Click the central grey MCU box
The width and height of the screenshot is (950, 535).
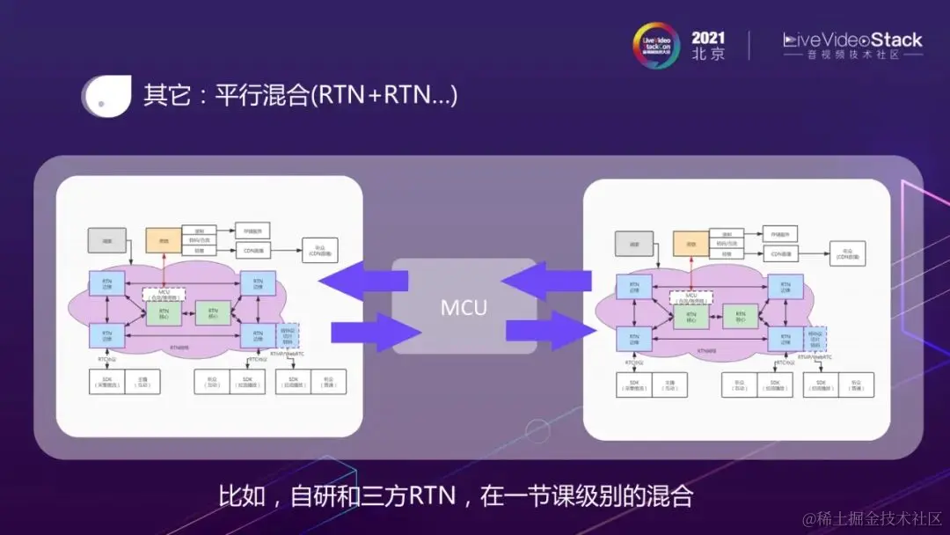(464, 306)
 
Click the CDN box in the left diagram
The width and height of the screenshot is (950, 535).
(252, 251)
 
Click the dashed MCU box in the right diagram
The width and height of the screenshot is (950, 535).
(691, 298)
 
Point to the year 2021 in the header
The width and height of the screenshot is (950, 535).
(708, 38)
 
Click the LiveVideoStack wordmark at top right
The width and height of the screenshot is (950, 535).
(852, 40)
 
